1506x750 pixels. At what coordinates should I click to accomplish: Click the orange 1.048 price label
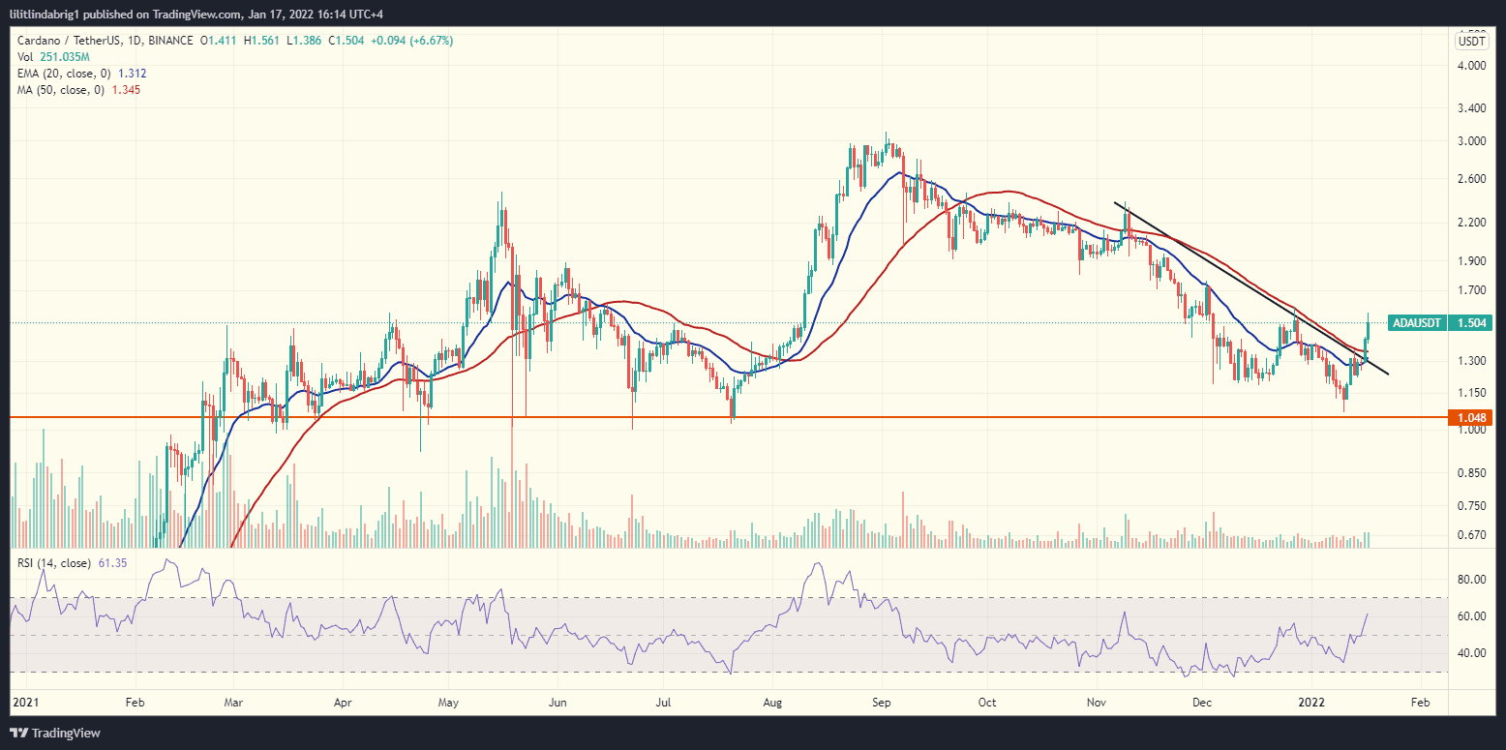1468,418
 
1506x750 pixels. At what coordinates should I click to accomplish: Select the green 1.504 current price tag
1471,323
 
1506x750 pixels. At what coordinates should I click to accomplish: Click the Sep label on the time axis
881,701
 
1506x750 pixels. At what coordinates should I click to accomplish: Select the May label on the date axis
447,701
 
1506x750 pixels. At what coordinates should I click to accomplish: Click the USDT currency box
1471,41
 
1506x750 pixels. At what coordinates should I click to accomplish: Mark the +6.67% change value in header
433,41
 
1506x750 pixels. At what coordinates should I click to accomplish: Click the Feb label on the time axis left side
135,701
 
